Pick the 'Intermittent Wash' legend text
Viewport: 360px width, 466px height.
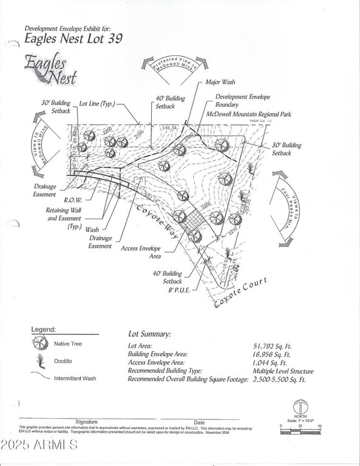click(75, 378)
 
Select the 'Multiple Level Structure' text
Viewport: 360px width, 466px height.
click(284, 371)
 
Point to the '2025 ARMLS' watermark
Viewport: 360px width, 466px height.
click(39, 446)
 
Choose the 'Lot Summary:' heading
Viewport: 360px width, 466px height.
click(149, 334)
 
